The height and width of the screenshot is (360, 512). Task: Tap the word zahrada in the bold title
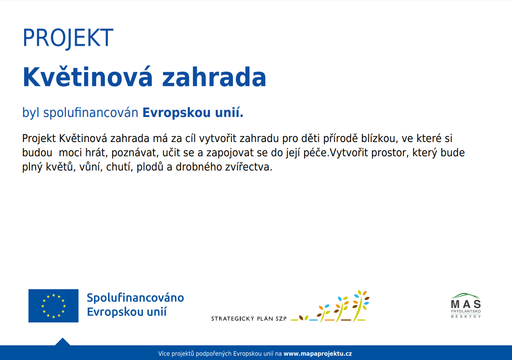[x=214, y=77]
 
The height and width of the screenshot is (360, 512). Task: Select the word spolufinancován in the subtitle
[x=91, y=113]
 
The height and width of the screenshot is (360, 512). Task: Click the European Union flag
[x=53, y=306]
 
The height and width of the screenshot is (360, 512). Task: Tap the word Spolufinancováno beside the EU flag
[x=135, y=298]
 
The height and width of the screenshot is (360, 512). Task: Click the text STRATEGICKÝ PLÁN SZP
[x=249, y=319]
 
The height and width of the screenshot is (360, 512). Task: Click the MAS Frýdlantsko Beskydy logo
[x=466, y=306]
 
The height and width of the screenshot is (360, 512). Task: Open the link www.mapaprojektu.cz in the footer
[x=318, y=354]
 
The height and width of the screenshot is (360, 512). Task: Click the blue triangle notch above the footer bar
[x=63, y=342]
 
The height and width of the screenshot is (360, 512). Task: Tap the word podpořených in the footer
[x=214, y=354]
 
